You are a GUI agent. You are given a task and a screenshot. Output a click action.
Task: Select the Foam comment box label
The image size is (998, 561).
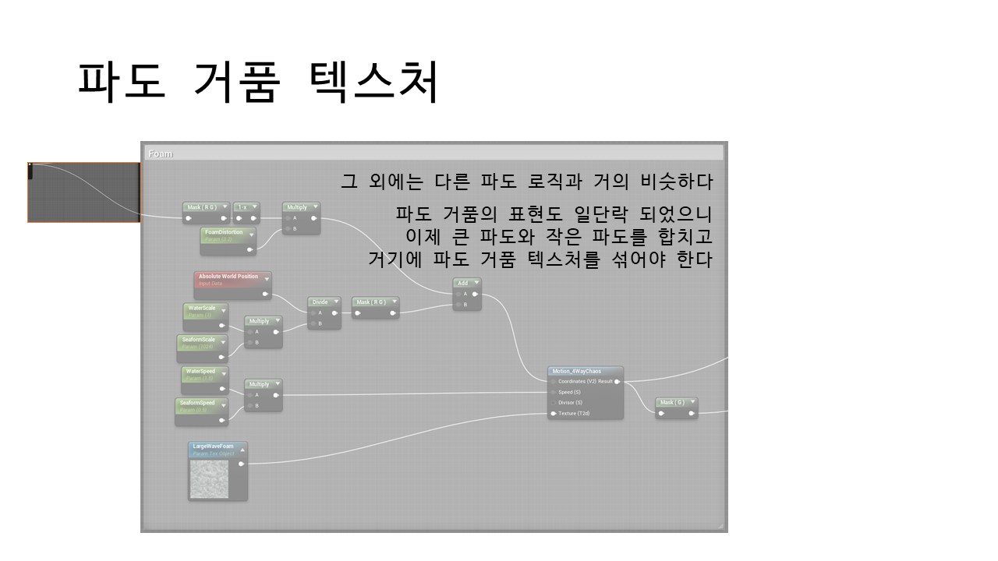click(x=160, y=153)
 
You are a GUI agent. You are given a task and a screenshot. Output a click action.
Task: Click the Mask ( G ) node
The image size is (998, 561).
click(x=676, y=403)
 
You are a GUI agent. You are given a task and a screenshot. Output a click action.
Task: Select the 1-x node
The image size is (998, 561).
click(x=246, y=207)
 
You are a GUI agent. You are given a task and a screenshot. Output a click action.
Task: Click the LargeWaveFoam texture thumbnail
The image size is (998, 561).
click(x=209, y=479)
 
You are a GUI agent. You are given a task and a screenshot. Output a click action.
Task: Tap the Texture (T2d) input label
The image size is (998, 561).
click(x=575, y=414)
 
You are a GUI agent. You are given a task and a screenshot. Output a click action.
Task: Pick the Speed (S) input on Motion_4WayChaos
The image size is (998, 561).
click(x=569, y=392)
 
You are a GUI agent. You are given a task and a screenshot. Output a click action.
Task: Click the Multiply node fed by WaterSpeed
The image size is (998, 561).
click(x=263, y=385)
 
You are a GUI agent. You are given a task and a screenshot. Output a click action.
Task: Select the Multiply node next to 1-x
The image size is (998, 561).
click(x=301, y=208)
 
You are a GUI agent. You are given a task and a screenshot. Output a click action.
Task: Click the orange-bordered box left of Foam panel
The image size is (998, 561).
click(x=83, y=192)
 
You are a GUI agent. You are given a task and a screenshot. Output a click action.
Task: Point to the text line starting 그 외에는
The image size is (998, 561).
click(x=527, y=182)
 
